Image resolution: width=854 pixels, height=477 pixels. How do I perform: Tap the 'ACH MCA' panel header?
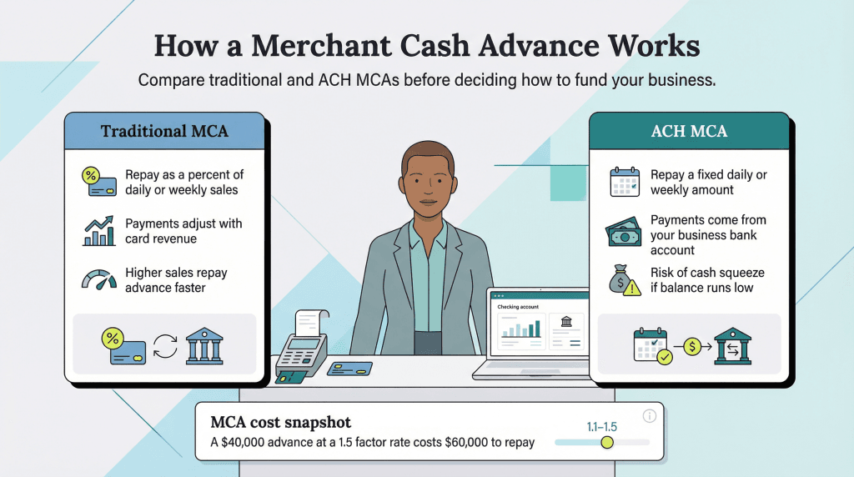pos(688,131)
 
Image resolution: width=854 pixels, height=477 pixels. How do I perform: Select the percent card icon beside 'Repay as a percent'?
pos(97,181)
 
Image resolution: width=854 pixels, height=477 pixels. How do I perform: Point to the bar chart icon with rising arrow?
pos(98,230)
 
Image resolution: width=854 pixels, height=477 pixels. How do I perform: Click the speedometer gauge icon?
pos(98,279)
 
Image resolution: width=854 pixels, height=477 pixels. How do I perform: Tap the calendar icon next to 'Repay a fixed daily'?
pos(624,182)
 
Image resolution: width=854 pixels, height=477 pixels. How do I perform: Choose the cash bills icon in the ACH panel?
pos(624,231)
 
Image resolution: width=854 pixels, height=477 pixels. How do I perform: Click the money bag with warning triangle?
pos(625,280)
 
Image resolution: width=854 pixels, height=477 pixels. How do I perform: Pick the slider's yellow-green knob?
pos(607,442)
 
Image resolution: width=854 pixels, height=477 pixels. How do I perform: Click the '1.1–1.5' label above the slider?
pos(601,427)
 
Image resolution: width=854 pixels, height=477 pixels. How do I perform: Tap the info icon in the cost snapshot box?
pos(650,416)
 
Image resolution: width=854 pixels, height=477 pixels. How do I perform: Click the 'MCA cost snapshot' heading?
pos(280,422)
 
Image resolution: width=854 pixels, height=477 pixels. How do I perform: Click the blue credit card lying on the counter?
pos(349,369)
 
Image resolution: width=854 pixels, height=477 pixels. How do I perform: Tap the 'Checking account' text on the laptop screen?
pos(518,307)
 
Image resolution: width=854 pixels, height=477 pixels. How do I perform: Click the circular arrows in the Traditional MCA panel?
pos(165,345)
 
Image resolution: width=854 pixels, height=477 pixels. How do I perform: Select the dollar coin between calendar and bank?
pos(691,345)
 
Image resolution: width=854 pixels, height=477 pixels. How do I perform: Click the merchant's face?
pos(428,179)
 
